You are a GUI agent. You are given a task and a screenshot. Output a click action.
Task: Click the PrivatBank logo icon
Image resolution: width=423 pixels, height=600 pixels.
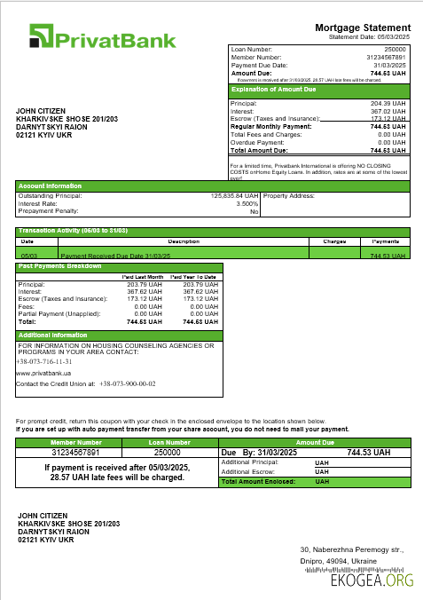[42, 36]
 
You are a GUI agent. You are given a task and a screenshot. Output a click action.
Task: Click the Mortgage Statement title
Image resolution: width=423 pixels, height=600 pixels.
[363, 28]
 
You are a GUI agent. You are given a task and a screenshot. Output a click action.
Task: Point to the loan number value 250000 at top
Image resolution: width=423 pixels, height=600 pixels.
[395, 49]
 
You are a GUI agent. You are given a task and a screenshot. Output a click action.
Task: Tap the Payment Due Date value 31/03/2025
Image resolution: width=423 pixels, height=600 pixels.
[389, 65]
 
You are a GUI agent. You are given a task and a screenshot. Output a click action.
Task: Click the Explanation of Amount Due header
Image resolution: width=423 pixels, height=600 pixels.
[274, 90]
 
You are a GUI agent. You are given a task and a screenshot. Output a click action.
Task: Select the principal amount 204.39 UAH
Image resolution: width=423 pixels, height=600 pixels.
[388, 104]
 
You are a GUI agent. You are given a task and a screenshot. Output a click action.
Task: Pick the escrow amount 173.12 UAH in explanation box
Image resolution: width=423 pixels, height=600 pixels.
[388, 118]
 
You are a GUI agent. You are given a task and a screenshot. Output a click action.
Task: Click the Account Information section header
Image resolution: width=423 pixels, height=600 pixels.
[51, 186]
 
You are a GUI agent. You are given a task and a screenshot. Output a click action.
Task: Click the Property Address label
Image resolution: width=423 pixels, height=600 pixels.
[289, 194]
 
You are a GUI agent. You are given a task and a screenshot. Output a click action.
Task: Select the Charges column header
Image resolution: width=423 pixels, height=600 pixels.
[333, 241]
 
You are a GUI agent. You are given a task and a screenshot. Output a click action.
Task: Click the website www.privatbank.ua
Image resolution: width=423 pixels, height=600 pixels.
[43, 374]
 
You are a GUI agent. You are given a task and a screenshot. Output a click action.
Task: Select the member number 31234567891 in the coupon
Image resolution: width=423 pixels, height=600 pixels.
[76, 452]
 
